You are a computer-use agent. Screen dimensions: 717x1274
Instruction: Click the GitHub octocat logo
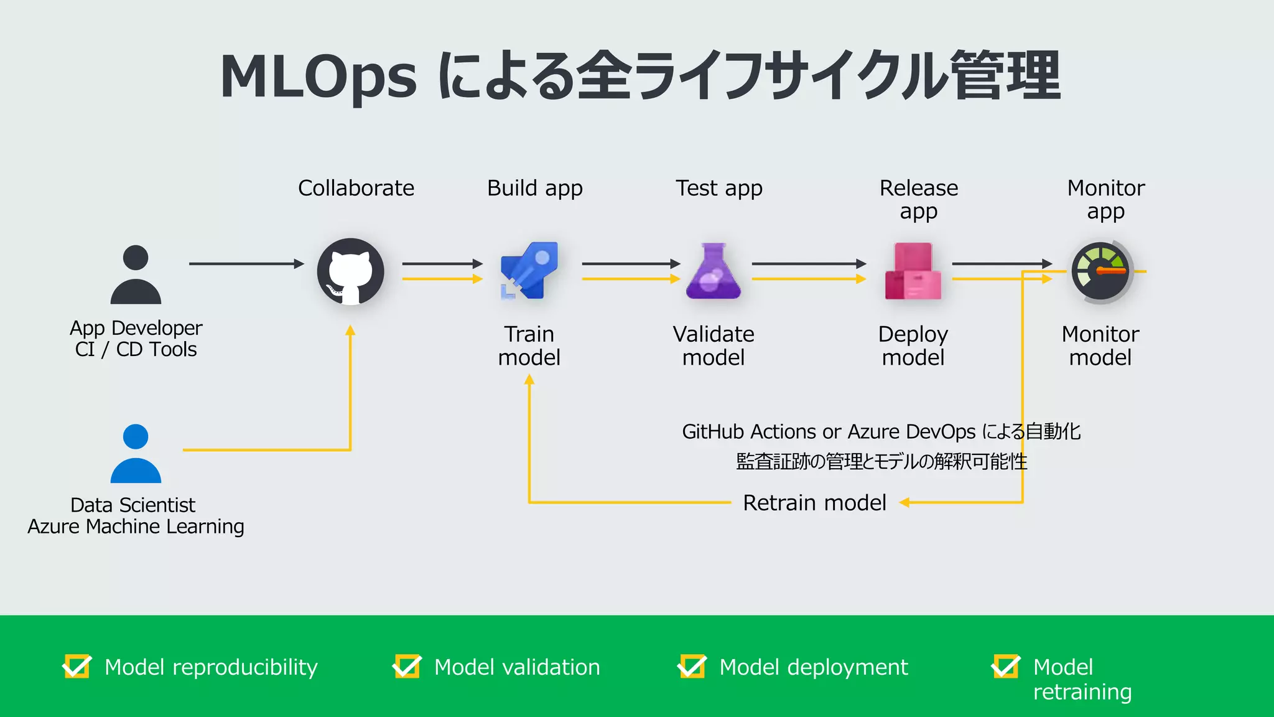(350, 272)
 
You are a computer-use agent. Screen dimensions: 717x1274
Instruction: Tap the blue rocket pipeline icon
(529, 271)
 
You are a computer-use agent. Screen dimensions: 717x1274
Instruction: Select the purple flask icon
(714, 271)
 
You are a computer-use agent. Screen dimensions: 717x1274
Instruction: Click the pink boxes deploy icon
(913, 271)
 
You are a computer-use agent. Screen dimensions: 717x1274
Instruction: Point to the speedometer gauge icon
(1100, 272)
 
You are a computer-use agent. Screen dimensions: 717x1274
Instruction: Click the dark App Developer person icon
(136, 274)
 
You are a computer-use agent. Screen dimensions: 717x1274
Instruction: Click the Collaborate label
(356, 188)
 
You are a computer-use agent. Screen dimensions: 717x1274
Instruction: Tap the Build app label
(534, 188)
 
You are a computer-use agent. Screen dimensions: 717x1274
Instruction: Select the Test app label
(718, 188)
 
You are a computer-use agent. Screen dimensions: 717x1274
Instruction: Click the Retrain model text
(814, 502)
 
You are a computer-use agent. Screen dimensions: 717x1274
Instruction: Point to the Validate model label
(714, 345)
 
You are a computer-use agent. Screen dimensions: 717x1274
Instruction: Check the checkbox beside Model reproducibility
(77, 667)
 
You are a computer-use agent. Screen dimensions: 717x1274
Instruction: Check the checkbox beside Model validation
(407, 667)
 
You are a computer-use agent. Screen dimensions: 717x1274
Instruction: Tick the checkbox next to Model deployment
(692, 667)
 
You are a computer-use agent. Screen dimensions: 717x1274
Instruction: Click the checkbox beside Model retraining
(1006, 667)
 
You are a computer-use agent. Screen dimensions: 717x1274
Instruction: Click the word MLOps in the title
(318, 77)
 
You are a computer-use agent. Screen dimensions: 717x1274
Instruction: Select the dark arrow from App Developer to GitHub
(246, 264)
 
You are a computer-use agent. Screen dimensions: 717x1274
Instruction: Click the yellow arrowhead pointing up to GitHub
(350, 330)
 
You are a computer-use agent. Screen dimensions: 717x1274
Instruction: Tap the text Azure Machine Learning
(136, 527)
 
